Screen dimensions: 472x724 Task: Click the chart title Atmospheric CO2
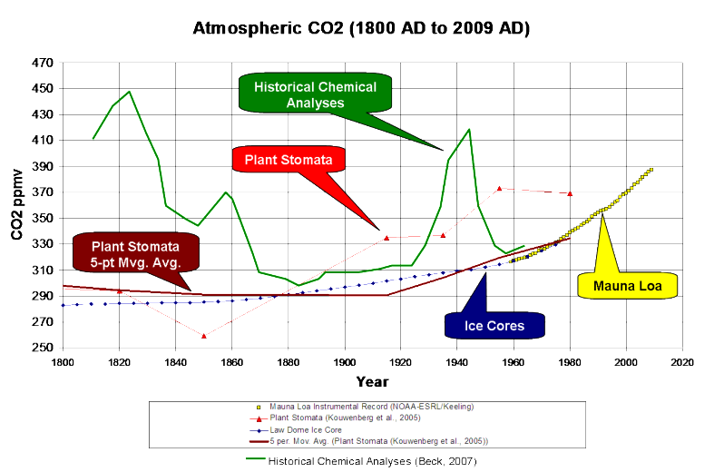point(361,28)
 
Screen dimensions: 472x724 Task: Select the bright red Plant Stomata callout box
point(289,162)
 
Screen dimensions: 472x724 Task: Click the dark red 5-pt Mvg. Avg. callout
point(135,254)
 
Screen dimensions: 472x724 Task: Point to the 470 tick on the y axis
point(42,64)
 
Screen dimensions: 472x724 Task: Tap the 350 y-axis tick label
point(42,219)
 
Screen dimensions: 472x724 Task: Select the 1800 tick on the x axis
point(62,362)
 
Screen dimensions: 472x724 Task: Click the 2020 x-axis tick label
point(682,362)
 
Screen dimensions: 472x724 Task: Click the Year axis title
point(372,380)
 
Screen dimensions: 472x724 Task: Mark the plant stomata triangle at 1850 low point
point(203,336)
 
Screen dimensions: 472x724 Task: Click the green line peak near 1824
point(130,92)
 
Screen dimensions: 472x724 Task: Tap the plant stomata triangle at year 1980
point(570,193)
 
